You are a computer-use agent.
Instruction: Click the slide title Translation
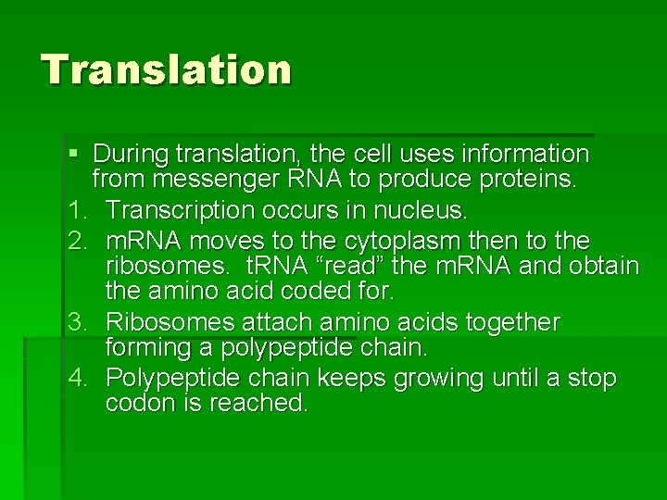(x=166, y=69)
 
